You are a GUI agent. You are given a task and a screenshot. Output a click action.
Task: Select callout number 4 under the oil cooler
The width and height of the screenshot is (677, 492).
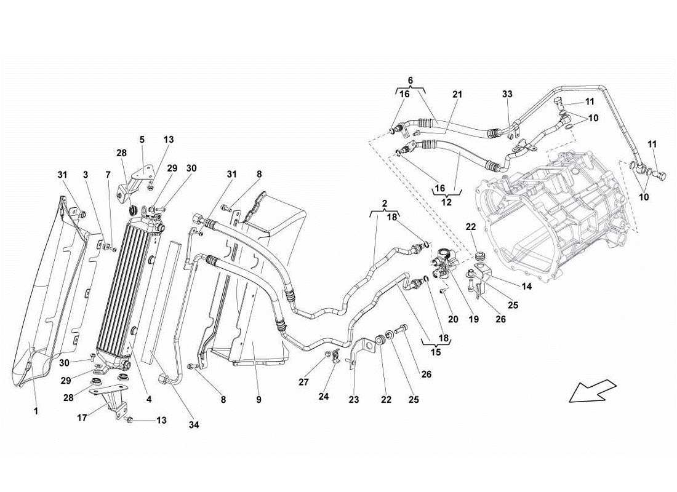148,399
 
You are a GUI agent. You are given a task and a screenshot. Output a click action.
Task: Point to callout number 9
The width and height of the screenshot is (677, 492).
259,400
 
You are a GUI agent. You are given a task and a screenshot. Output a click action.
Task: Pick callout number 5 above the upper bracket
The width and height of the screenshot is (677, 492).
142,140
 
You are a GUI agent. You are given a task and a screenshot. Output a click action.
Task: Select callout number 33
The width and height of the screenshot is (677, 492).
507,94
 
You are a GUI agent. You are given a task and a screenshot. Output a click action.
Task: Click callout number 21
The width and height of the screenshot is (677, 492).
457,94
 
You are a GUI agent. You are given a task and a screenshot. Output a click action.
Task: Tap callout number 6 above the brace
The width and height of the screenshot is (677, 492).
411,80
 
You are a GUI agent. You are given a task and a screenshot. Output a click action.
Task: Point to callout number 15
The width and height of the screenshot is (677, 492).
435,353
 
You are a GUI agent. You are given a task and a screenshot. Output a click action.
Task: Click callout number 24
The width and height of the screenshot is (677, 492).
324,397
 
